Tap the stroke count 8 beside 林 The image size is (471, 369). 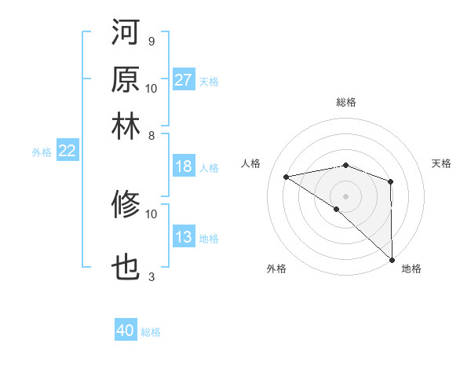pyautogui.click(x=151, y=136)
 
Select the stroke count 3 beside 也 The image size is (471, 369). pyautogui.click(x=151, y=276)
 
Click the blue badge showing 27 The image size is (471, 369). pyautogui.click(x=184, y=80)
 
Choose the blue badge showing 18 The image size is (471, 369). pyautogui.click(x=184, y=166)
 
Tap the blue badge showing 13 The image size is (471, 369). pyautogui.click(x=184, y=238)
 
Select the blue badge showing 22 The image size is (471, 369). pyautogui.click(x=67, y=152)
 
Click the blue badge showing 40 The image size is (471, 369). pyautogui.click(x=126, y=331)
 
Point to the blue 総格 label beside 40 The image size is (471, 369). pyautogui.click(x=151, y=332)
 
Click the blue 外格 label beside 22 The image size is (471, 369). pyautogui.click(x=42, y=152)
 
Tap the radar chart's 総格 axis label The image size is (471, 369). pyautogui.click(x=346, y=102)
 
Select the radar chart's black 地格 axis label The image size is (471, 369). pyautogui.click(x=411, y=269)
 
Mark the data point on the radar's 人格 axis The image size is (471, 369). pyautogui.click(x=287, y=177)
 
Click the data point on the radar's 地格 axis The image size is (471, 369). pyautogui.click(x=391, y=260)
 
